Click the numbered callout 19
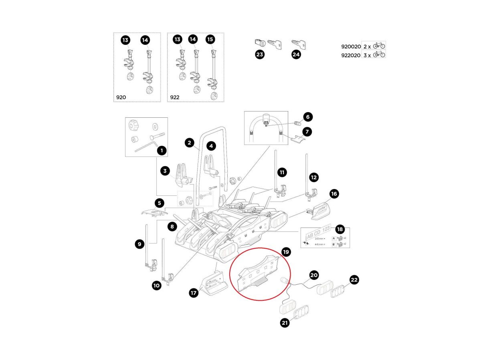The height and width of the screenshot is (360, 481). pyautogui.click(x=286, y=252)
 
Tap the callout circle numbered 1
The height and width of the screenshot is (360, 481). pyautogui.click(x=162, y=151)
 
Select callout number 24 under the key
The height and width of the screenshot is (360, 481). pyautogui.click(x=296, y=55)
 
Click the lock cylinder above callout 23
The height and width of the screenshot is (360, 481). pyautogui.click(x=259, y=42)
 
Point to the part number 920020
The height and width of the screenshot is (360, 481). pyautogui.click(x=350, y=46)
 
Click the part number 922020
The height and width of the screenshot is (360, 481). pyautogui.click(x=350, y=55)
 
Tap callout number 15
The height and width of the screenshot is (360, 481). pyautogui.click(x=210, y=40)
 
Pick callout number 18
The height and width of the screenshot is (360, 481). pyautogui.click(x=340, y=229)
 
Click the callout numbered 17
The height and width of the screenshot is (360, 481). pyautogui.click(x=194, y=293)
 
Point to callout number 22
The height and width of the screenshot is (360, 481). pyautogui.click(x=354, y=280)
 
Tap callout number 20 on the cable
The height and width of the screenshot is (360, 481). pyautogui.click(x=314, y=275)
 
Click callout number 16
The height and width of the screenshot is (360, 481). pyautogui.click(x=334, y=194)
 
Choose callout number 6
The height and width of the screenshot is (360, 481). pyautogui.click(x=308, y=117)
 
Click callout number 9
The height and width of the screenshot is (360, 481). pyautogui.click(x=139, y=243)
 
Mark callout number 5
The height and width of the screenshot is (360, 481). pyautogui.click(x=159, y=203)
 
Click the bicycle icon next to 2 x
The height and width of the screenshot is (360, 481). pyautogui.click(x=379, y=46)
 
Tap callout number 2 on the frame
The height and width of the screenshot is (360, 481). pyautogui.click(x=189, y=142)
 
